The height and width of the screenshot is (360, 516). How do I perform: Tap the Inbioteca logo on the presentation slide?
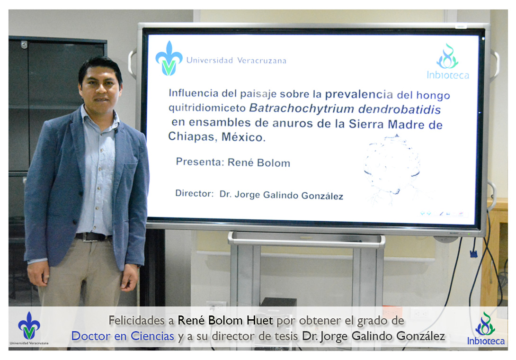tap(447, 62)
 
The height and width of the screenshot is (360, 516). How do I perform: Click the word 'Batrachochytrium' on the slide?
tap(302, 108)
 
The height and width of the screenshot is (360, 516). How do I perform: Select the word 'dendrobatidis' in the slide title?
tap(400, 109)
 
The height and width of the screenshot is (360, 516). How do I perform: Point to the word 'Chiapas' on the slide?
tap(192, 136)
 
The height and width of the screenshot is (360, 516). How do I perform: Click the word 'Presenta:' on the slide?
tap(200, 162)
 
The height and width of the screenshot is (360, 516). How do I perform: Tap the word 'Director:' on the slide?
tap(194, 193)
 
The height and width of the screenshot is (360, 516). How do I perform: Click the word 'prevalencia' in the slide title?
tap(359, 95)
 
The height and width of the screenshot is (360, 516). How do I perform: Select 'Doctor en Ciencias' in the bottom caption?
tap(123, 336)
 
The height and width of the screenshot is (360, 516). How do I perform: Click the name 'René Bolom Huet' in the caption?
tap(225, 320)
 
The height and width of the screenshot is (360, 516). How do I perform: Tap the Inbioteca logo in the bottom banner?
tap(486, 328)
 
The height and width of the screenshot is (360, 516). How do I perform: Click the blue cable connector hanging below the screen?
tap(473, 253)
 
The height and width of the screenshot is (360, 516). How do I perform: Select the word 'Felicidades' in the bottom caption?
tap(136, 321)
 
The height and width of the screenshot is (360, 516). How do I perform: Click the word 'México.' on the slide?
tap(243, 137)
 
